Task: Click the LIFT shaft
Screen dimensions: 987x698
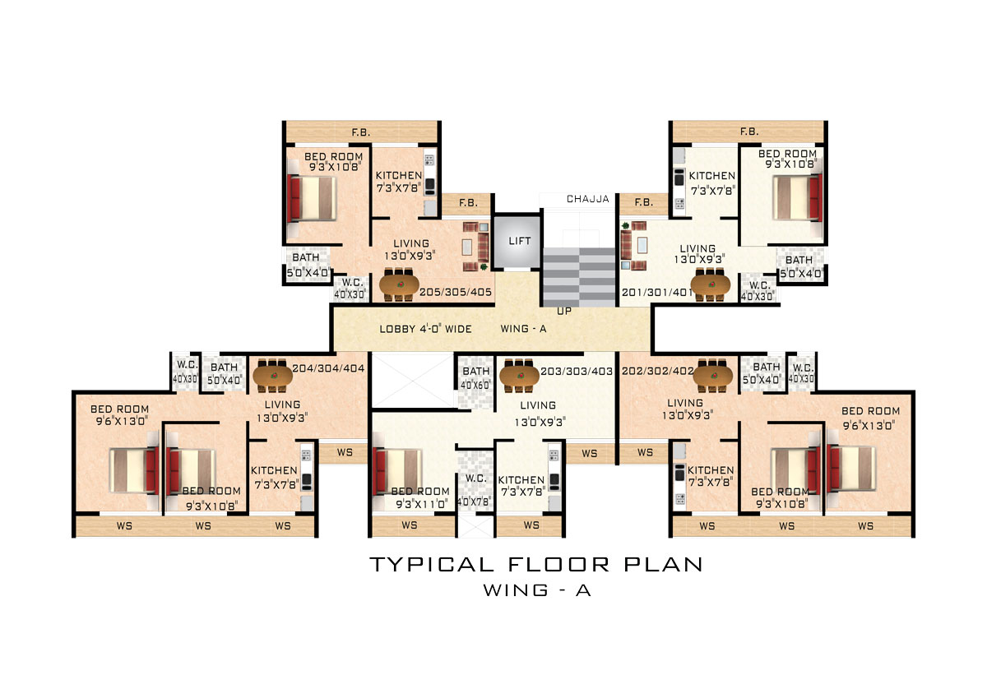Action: click(517, 241)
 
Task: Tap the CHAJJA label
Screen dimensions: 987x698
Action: click(588, 199)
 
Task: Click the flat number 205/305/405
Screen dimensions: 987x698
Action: click(456, 292)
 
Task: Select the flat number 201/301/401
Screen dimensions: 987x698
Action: click(656, 293)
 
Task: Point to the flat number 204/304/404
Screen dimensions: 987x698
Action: click(328, 368)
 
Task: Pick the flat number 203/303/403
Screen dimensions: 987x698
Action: click(577, 372)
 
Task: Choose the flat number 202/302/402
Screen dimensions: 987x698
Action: click(658, 372)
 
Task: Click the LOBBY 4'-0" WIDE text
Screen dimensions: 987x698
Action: click(426, 329)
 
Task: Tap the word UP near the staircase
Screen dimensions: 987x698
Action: click(564, 311)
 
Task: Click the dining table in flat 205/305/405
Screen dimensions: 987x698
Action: click(399, 285)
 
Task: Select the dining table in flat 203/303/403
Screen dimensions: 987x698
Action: click(520, 377)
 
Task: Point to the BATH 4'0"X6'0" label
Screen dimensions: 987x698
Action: click(475, 378)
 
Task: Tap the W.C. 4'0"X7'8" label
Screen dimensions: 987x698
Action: click(475, 490)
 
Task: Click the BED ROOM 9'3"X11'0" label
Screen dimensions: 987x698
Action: click(421, 497)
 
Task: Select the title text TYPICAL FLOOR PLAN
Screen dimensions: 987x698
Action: click(536, 565)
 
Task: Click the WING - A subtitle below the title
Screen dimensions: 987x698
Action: click(537, 590)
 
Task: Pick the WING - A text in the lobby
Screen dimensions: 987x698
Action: click(523, 329)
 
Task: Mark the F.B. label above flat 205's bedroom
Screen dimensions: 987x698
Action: click(360, 132)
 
